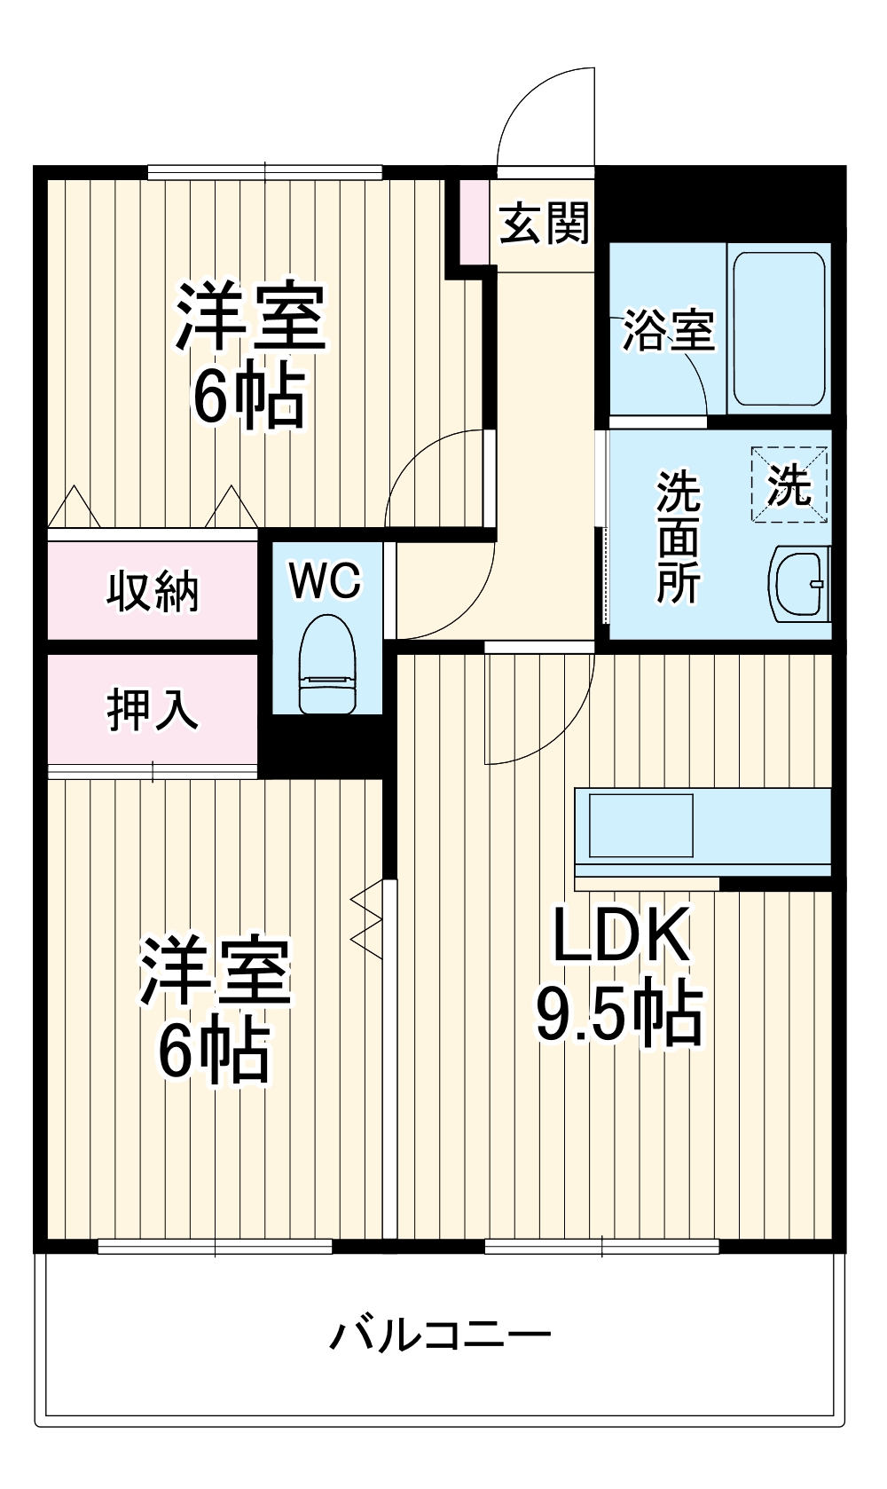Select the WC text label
tap(326, 581)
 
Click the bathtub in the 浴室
tap(778, 329)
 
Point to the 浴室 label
tap(667, 330)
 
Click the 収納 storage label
tap(153, 592)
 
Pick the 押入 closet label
tap(153, 710)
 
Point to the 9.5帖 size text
tap(618, 1012)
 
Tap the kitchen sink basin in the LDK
tap(640, 825)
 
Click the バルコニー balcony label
tap(441, 1335)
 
